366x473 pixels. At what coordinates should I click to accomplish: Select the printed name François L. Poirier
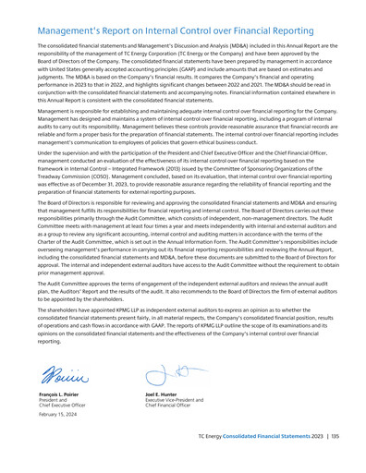57,420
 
